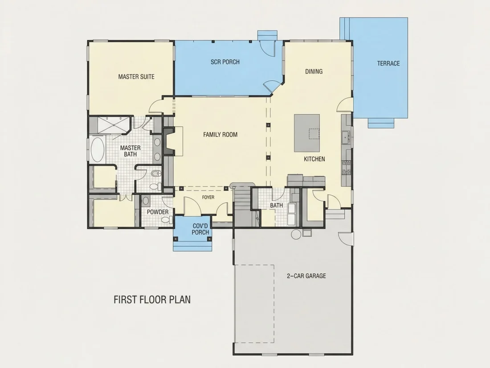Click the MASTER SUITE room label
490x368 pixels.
136,77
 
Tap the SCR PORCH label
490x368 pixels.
225,62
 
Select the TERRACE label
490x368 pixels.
388,63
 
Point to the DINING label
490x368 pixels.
314,72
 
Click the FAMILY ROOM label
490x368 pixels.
220,135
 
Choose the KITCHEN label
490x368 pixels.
314,159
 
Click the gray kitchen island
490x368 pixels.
307,133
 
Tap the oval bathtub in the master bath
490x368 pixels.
98,149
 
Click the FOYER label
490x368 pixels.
208,197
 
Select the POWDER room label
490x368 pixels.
158,212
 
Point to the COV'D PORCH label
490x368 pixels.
200,229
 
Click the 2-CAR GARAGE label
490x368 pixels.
306,276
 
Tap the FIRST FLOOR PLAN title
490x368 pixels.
152,299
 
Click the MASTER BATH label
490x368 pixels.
131,151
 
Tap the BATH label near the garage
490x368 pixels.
276,205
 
